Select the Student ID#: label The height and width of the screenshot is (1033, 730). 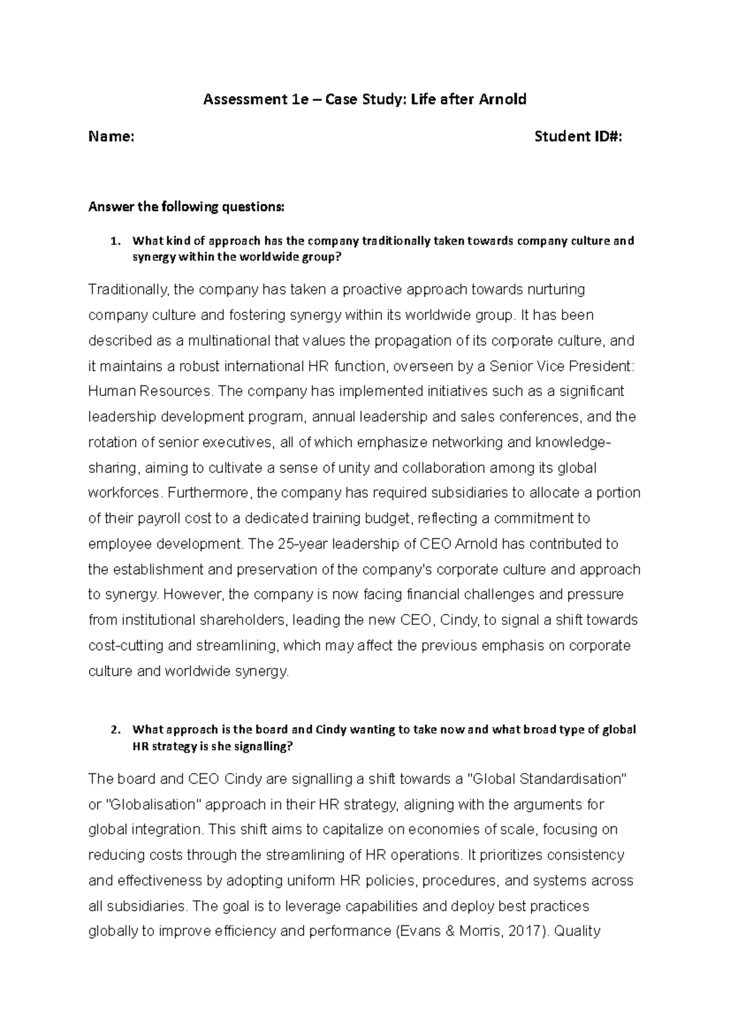point(578,137)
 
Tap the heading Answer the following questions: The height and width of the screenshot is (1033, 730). point(186,207)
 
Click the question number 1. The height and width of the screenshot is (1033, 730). point(113,241)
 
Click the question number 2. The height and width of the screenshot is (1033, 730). point(113,729)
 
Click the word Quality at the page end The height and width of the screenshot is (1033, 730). point(578,931)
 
